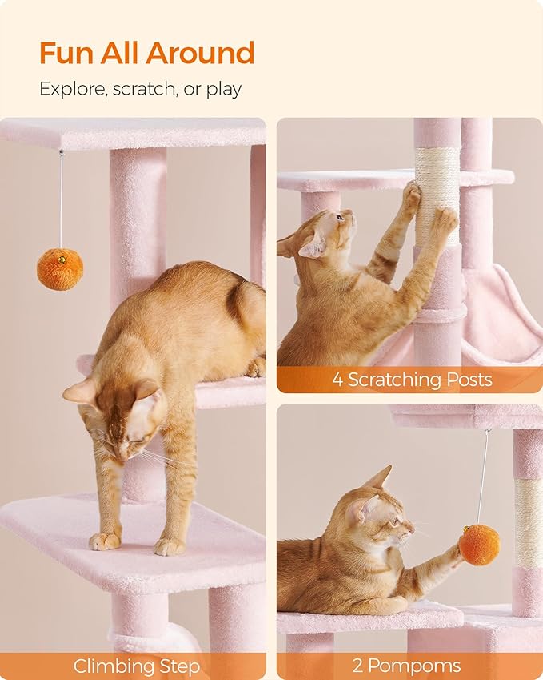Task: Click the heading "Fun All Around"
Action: pyautogui.click(x=146, y=54)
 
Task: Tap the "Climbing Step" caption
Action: pyautogui.click(x=137, y=666)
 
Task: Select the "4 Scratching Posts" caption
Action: pyautogui.click(x=412, y=379)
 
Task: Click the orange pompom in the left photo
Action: pyautogui.click(x=60, y=269)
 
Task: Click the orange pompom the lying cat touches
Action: pyautogui.click(x=479, y=545)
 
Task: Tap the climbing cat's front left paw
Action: pyautogui.click(x=104, y=541)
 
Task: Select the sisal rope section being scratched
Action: pyautogui.click(x=437, y=192)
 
